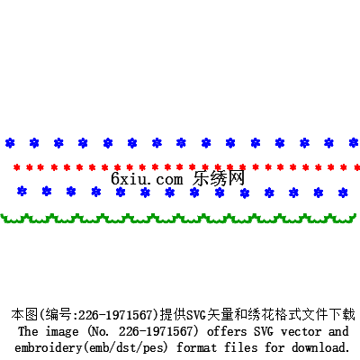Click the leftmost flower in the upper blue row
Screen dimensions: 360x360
(10, 143)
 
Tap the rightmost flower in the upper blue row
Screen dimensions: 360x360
(355, 143)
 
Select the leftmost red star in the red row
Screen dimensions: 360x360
(17, 167)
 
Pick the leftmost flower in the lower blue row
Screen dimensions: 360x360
(22, 191)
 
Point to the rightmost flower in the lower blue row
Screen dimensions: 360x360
(343, 193)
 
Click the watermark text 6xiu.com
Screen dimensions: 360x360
(147, 179)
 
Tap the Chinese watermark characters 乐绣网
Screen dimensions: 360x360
(219, 178)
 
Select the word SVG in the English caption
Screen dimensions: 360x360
(264, 331)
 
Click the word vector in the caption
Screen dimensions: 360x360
(301, 331)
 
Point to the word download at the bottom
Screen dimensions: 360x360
(320, 347)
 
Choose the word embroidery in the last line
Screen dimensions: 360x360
(49, 348)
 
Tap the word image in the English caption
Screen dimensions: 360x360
(62, 332)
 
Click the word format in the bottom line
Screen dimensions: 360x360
(196, 347)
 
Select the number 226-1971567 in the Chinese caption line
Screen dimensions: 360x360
(118, 315)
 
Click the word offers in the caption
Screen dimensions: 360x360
(227, 331)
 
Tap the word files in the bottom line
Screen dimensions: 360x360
(241, 347)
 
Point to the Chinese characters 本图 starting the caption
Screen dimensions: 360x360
(24, 315)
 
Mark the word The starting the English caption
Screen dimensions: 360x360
(28, 331)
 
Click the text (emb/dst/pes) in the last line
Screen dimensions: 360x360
(125, 348)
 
